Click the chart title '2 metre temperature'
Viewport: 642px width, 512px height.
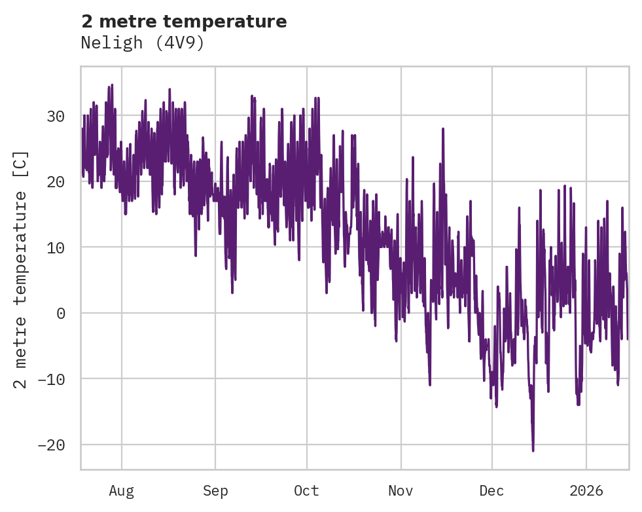pyautogui.click(x=184, y=22)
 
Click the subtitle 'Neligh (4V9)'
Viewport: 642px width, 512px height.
pyautogui.click(x=143, y=43)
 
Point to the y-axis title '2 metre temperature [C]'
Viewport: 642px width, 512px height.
pyautogui.click(x=21, y=269)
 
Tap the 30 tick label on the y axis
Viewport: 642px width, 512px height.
pyautogui.click(x=56, y=116)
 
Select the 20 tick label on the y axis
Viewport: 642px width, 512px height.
pyautogui.click(x=56, y=181)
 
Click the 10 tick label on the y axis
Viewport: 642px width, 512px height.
pyautogui.click(x=56, y=247)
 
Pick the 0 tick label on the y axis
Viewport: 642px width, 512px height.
pyautogui.click(x=61, y=313)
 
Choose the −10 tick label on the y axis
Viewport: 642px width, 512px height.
pyautogui.click(x=52, y=379)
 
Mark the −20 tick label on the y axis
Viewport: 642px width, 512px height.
pyautogui.click(x=52, y=445)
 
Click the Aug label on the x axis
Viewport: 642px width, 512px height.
pyautogui.click(x=122, y=490)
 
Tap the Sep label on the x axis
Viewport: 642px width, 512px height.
pyautogui.click(x=215, y=490)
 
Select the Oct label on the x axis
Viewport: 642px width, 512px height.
pyautogui.click(x=306, y=490)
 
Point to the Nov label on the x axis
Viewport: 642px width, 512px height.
pyautogui.click(x=401, y=490)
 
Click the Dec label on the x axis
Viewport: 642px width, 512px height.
pyautogui.click(x=491, y=490)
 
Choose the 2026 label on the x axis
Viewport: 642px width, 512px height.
pyautogui.click(x=586, y=490)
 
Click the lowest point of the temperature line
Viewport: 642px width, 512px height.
pyautogui.click(x=533, y=450)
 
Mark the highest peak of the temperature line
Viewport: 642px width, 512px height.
pyautogui.click(x=112, y=84)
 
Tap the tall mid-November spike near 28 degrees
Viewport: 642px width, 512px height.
pyautogui.click(x=443, y=129)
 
